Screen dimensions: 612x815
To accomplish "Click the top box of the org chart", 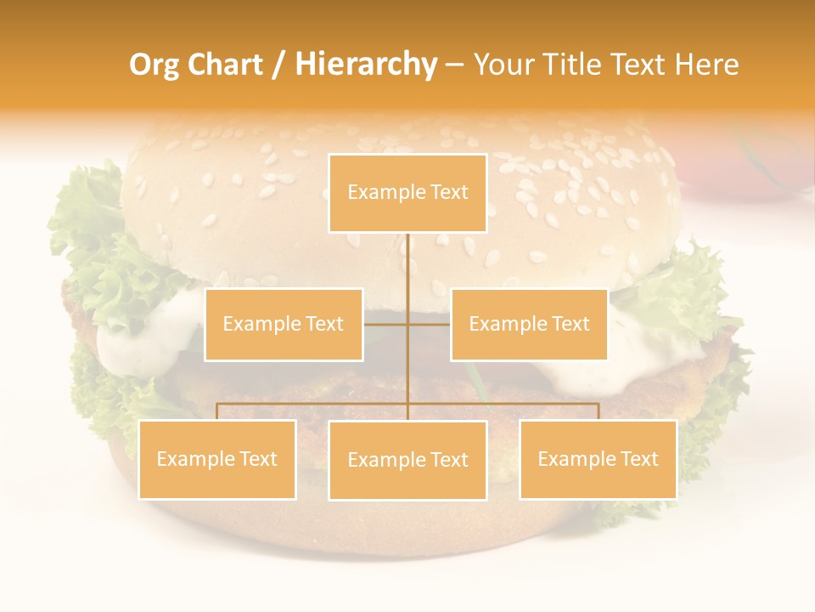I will point(407,193).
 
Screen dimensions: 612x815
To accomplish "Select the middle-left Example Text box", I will point(284,324).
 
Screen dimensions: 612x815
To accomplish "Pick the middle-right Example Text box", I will point(529,324).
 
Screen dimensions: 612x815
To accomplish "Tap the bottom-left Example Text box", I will point(217,459).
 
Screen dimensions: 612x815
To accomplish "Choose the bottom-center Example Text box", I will point(407,460).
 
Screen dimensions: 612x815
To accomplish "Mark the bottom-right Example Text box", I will point(598,459).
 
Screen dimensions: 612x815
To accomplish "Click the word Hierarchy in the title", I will point(365,65).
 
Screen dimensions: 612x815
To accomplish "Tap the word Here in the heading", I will point(707,65).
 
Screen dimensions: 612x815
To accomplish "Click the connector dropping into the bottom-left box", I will point(217,411).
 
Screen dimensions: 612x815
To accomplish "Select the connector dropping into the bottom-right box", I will point(598,411).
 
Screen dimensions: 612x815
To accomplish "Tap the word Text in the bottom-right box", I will point(638,459).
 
